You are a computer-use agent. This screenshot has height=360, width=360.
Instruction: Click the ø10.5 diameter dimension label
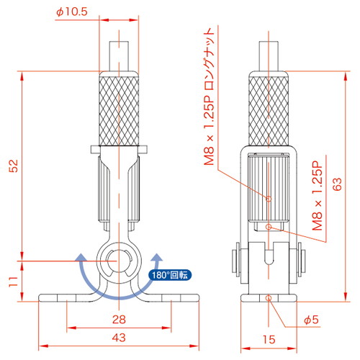pyautogui.click(x=72, y=12)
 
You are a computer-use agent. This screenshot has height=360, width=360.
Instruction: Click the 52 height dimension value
pyautogui.click(x=14, y=166)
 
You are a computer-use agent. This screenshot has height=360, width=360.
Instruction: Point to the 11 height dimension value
pyautogui.click(x=14, y=282)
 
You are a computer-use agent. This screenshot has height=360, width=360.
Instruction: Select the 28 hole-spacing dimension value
pyautogui.click(x=119, y=320)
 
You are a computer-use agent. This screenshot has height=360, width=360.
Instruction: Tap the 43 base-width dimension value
pyautogui.click(x=119, y=338)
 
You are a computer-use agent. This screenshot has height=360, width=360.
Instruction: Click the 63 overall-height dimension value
pyautogui.click(x=337, y=184)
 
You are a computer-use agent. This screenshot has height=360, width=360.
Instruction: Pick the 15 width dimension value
pyautogui.click(x=269, y=340)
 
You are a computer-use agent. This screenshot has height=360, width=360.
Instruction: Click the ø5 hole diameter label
pyautogui.click(x=311, y=320)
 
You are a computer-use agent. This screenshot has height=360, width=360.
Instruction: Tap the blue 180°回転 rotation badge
pyautogui.click(x=170, y=275)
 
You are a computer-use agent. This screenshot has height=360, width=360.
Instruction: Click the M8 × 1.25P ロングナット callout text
pyautogui.click(x=209, y=96)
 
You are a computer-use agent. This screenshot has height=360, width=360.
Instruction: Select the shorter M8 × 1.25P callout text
pyautogui.click(x=318, y=196)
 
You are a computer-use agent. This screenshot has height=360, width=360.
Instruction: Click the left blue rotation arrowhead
pyautogui.click(x=81, y=258)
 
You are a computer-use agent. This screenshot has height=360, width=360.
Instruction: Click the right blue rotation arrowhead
pyautogui.click(x=157, y=258)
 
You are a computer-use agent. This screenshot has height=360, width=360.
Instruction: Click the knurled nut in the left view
pyautogui.click(x=119, y=109)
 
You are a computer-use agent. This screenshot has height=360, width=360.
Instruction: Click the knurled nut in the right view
pyautogui.click(x=269, y=109)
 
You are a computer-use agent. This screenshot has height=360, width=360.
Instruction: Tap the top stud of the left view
pyautogui.click(x=119, y=56)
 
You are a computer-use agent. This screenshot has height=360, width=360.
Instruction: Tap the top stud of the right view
pyautogui.click(x=269, y=56)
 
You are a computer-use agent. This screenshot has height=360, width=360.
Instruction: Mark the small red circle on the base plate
pyautogui.click(x=269, y=298)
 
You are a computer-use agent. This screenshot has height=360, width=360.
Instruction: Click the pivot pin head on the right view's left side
pyautogui.click(x=235, y=261)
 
